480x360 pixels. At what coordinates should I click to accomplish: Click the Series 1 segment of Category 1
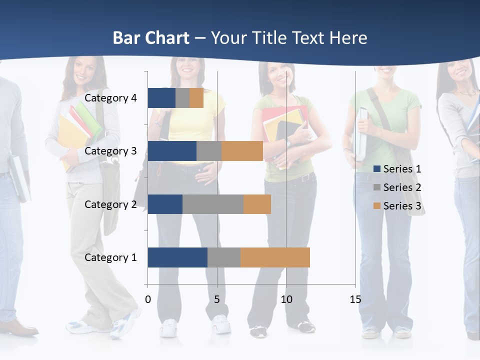pos(177,257)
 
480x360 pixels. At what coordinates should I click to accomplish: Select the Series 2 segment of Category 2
pos(213,204)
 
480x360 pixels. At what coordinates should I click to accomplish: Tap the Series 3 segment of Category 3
pos(242,151)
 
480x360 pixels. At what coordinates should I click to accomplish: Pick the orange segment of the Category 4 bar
pos(196,98)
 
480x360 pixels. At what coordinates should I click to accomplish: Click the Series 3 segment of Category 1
pos(275,257)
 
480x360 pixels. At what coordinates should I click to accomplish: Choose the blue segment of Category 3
pos(172,151)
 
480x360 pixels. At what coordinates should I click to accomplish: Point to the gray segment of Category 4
pos(182,98)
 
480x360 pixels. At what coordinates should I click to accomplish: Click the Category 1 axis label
pos(110,257)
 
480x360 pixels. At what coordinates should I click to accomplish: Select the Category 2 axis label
pos(110,204)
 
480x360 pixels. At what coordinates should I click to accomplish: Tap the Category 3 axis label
pos(110,151)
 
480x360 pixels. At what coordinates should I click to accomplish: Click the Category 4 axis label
pos(110,98)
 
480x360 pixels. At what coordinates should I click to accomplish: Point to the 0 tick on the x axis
pos(148,299)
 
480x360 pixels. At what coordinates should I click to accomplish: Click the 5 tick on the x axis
pos(217,299)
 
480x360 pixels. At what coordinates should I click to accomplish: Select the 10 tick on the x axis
pos(286,299)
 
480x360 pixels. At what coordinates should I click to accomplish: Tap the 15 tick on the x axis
pos(355,299)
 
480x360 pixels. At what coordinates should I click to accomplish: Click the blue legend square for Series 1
pos(377,169)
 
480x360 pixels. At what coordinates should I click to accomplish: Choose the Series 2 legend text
pos(402,187)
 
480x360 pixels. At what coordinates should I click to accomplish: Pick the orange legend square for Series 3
pos(377,206)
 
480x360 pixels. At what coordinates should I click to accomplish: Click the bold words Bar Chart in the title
pos(151,38)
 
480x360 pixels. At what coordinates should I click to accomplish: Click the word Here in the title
pos(349,38)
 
